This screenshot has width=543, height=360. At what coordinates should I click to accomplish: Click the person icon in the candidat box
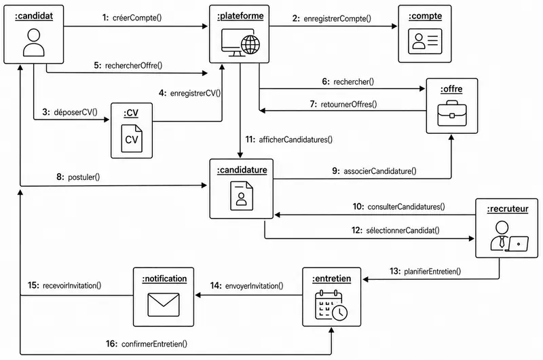33,42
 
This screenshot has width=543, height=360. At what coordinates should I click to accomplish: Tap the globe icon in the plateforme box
250,45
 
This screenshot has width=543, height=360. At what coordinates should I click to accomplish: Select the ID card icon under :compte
425,41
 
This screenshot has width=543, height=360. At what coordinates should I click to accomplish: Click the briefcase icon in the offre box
452,113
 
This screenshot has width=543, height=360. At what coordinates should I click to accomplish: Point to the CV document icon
132,139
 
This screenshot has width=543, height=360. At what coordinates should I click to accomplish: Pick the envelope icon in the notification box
164,304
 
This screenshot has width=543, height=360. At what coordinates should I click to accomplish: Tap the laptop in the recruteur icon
517,244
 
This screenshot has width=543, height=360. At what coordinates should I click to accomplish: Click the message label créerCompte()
137,18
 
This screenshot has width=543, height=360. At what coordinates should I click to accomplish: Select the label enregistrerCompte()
337,18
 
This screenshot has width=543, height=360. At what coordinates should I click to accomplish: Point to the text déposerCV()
75,112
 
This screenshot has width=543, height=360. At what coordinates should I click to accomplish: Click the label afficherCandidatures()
296,140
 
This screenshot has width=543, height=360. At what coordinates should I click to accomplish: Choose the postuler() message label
83,177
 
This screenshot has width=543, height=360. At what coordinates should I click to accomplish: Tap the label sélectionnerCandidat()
402,230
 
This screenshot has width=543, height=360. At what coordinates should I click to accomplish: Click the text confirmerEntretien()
155,344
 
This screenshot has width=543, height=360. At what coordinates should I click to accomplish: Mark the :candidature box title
242,170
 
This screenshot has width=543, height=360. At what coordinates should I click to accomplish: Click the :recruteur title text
507,209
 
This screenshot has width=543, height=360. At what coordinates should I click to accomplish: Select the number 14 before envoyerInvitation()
215,286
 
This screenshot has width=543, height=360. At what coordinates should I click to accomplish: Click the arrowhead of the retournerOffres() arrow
262,111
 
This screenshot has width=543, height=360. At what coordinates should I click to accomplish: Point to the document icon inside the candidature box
242,196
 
